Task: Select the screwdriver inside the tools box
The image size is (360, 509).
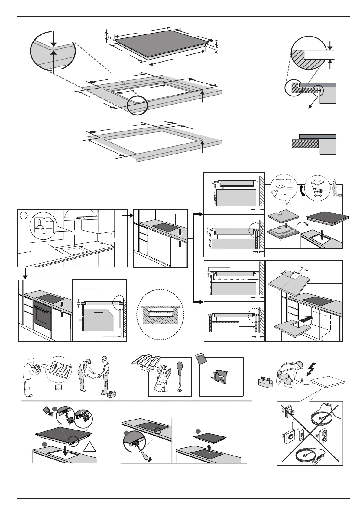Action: click(180, 375)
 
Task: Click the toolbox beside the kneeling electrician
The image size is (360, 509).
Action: click(266, 382)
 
